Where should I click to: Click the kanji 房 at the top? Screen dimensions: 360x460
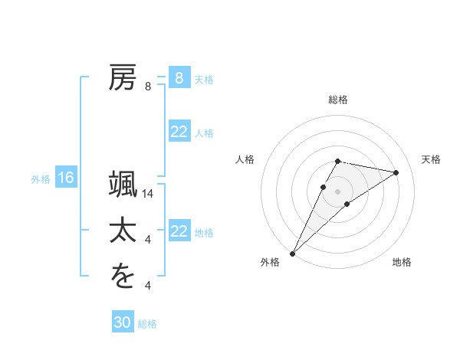pos(123,78)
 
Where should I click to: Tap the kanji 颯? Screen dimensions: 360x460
pos(123,185)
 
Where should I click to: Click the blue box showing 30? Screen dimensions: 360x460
pos(123,322)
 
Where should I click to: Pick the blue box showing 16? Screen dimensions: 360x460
pos(66,178)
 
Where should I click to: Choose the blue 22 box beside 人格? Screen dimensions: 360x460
pos(179,132)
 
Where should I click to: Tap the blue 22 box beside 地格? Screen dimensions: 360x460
pos(179,231)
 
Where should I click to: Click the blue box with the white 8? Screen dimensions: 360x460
pos(179,78)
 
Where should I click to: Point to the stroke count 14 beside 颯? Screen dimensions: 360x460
pos(149,195)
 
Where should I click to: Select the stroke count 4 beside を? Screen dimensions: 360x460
pos(148,286)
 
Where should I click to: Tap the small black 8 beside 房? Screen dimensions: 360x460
pos(148,87)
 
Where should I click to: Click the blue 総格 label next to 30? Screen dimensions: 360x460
pos(147,324)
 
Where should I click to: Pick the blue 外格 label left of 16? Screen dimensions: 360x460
pos(41,179)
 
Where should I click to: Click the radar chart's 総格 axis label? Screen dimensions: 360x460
pos(338,100)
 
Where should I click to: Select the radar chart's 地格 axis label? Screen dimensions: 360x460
pos(402,262)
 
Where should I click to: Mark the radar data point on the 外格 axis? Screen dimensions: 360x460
pos(292,253)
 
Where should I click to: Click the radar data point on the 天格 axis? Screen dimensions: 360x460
pos(396,172)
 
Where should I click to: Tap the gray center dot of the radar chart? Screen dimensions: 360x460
pos(338,191)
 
